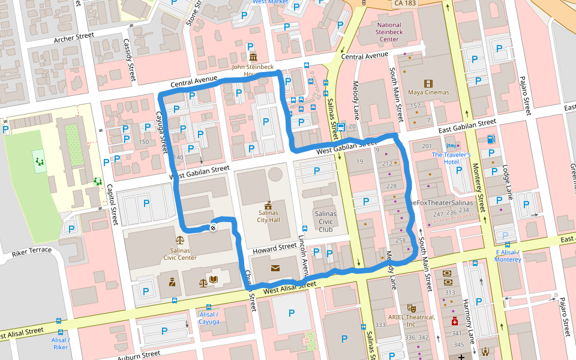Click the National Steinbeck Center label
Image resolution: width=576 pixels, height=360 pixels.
389,32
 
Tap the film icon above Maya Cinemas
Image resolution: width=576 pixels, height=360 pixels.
428,83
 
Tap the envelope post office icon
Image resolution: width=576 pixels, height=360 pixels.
275,268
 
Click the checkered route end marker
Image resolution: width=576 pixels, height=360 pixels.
213,227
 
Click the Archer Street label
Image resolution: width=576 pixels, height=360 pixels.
74,39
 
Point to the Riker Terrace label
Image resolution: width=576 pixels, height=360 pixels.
32,251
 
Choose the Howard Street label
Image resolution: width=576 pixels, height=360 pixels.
274,247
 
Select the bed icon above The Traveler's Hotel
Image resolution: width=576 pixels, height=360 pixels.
451,146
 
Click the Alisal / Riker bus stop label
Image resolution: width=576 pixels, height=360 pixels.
60,343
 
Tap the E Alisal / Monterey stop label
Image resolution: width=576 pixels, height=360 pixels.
508,256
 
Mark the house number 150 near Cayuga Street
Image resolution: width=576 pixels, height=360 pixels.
143,142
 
